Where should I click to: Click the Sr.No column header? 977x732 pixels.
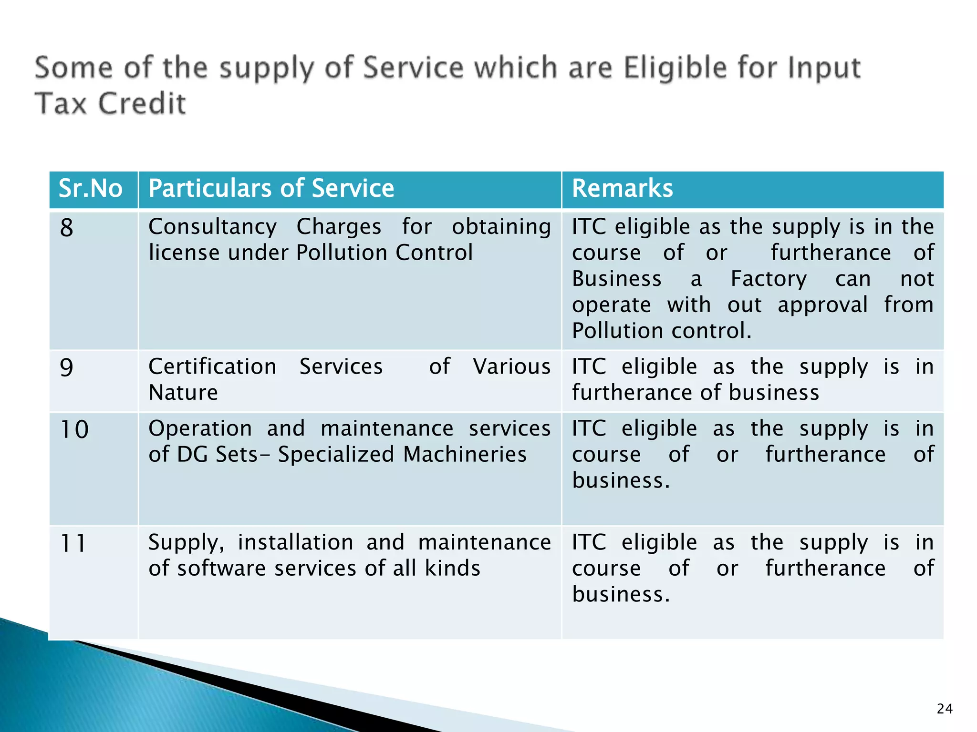[x=91, y=188]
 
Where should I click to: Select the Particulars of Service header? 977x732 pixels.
[x=271, y=188]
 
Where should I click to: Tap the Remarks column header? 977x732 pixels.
[x=622, y=188]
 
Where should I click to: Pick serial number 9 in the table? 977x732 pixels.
[x=67, y=367]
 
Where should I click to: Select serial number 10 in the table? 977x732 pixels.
[x=74, y=429]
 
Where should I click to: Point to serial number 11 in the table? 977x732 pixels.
[x=73, y=543]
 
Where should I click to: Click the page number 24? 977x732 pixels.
[x=945, y=709]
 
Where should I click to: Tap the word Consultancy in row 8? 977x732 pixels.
[x=212, y=227]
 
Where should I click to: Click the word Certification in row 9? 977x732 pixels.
[x=212, y=367]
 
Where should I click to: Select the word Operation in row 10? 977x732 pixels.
[x=200, y=428]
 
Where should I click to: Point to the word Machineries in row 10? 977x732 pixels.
[x=465, y=454]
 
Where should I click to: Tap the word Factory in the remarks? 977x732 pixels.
[x=769, y=279]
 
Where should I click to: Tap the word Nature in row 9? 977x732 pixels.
[x=183, y=393]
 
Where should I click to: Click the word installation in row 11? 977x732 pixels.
[x=295, y=542]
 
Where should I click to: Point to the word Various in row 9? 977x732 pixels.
[x=511, y=367]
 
